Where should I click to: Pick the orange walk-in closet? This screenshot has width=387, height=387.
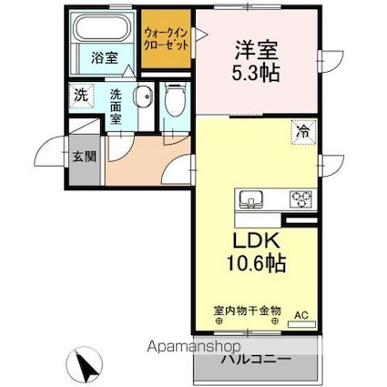pos(166,41)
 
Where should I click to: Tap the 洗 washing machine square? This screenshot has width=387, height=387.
pos(79,94)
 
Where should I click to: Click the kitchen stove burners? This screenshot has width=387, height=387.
pos(300,198)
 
